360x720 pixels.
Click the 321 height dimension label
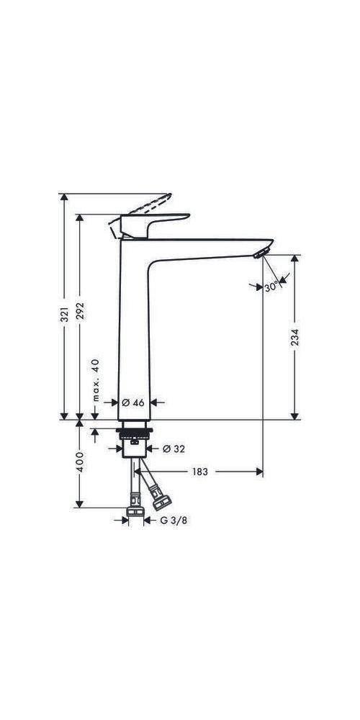pos(64,314)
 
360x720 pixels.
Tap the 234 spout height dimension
pos(294,337)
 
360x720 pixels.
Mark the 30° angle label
pos(271,287)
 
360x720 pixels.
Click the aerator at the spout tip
pos(261,252)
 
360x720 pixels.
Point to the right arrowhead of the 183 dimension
pos(258,472)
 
